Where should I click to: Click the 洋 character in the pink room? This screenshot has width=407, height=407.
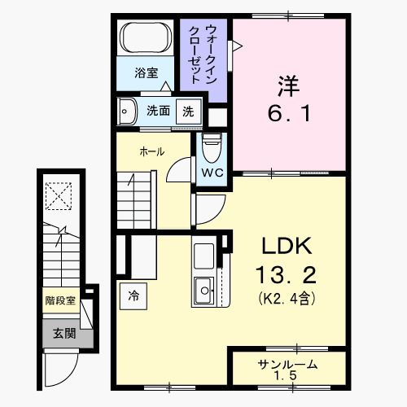point(288,83)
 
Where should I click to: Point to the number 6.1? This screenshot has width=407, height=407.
point(289,113)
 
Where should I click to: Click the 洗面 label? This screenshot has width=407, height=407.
point(158,112)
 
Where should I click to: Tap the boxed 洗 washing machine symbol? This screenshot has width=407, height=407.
point(188,112)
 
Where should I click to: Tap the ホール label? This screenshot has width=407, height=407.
point(151,151)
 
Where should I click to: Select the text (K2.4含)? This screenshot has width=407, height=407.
point(287,298)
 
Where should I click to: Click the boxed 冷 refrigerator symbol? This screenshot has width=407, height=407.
point(133,296)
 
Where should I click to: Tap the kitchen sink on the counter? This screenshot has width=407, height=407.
point(203,287)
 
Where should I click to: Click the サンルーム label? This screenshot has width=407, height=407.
point(287,364)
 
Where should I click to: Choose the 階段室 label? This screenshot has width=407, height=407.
point(59,300)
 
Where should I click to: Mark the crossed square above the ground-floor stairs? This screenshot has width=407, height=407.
point(59,195)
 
